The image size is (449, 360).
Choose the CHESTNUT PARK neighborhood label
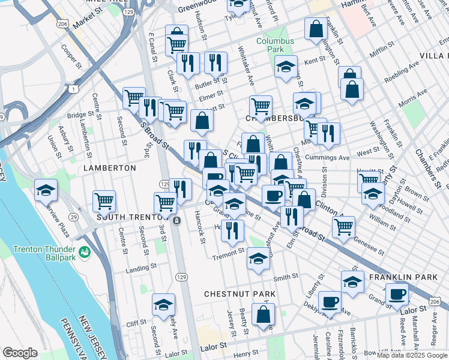tap(240, 294)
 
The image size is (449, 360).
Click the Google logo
tap(20, 352)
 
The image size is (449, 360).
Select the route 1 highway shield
tap(73, 89)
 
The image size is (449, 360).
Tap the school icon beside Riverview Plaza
tap(46, 191)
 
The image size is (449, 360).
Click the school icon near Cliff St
tap(163, 305)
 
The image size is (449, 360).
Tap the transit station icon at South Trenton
tap(176, 221)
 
